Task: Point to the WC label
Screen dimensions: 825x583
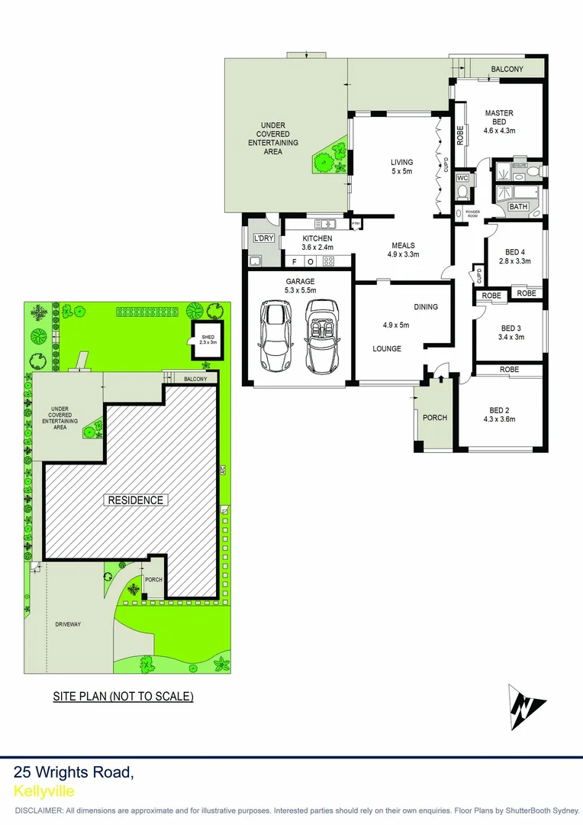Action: (462, 179)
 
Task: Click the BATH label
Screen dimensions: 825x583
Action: (519, 207)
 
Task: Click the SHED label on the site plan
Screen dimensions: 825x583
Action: (208, 340)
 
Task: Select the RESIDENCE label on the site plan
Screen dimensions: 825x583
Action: (135, 500)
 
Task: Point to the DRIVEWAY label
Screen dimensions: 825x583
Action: (68, 624)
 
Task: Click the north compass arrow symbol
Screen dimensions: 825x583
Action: (527, 707)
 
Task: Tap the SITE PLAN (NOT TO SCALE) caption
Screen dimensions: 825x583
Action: (123, 696)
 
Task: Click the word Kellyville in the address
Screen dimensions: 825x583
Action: (44, 791)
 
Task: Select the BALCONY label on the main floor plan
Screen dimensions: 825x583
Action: (507, 70)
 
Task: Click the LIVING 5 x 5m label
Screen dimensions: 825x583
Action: (401, 167)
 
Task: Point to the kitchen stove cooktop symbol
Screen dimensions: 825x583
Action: (329, 261)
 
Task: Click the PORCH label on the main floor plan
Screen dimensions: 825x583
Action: (435, 418)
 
